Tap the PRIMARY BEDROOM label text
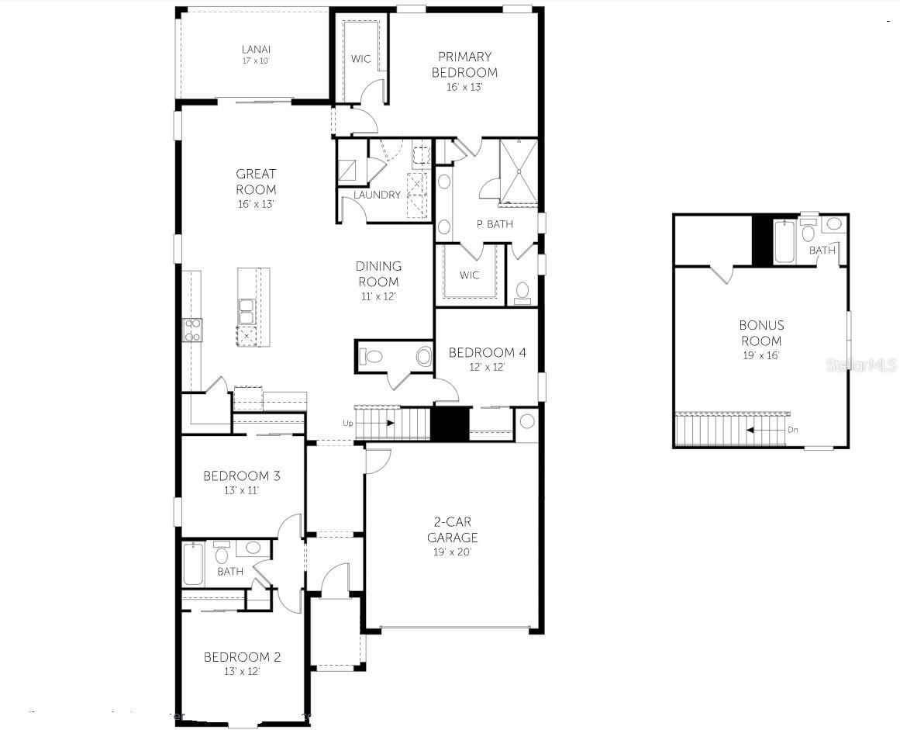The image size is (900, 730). point(464,64)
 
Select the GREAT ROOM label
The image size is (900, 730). point(256,182)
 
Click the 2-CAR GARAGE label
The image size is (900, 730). point(453,530)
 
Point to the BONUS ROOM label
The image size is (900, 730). point(760,333)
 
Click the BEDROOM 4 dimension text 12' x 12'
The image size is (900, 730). point(487,367)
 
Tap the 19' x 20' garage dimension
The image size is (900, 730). point(453,552)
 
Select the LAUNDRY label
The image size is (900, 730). point(377,195)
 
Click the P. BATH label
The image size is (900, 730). point(494,224)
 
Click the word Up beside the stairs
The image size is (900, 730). point(348,423)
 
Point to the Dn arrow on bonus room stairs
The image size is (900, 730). point(768,428)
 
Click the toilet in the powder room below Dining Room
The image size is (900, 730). point(372,357)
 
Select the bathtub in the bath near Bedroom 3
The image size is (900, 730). point(193,565)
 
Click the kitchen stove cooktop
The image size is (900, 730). point(192,330)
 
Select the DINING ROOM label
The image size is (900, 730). point(378,274)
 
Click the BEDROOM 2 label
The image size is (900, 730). point(242,657)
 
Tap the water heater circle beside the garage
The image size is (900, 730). point(527,421)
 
